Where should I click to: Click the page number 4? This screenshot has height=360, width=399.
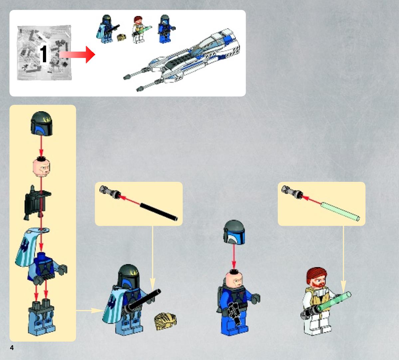click(x=12, y=348)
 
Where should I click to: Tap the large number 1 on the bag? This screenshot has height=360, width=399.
click(x=43, y=54)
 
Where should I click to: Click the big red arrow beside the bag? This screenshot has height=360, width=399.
click(x=77, y=54)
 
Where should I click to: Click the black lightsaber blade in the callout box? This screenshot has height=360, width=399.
click(x=158, y=211)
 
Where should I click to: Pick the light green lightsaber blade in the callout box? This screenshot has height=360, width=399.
click(x=340, y=211)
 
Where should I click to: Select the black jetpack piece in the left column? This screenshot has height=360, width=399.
click(x=37, y=203)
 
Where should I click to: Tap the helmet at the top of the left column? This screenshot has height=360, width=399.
click(x=42, y=124)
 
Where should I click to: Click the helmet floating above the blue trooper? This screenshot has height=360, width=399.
click(x=234, y=232)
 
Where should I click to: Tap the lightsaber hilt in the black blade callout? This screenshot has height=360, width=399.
click(x=110, y=192)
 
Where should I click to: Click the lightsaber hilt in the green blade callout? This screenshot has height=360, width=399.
click(x=292, y=192)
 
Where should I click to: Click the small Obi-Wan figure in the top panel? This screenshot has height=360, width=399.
click(x=139, y=29)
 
